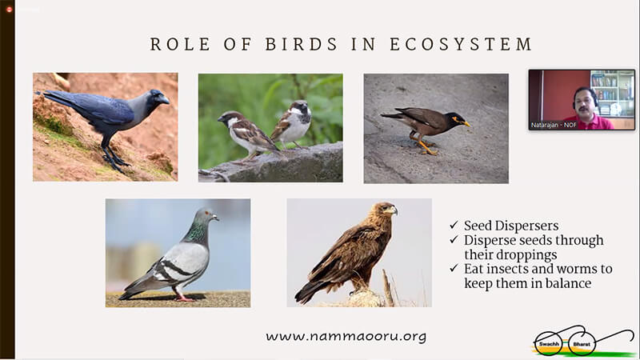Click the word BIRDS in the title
click(x=302, y=44)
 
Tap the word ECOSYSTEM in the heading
click(x=461, y=44)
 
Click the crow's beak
click(x=164, y=99)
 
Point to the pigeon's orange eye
click(x=207, y=213)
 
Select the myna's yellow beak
click(x=466, y=123)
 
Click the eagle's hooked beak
click(x=394, y=210)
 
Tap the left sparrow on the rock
click(x=249, y=134)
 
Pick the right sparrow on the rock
click(x=293, y=124)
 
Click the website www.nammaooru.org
click(x=346, y=336)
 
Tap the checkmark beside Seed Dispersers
click(x=454, y=225)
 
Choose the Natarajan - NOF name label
click(x=554, y=125)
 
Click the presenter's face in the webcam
click(x=585, y=103)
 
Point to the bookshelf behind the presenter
click(x=612, y=93)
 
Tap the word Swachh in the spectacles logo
click(x=549, y=344)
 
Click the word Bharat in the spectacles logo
click(x=582, y=344)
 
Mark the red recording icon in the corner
click(x=10, y=9)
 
